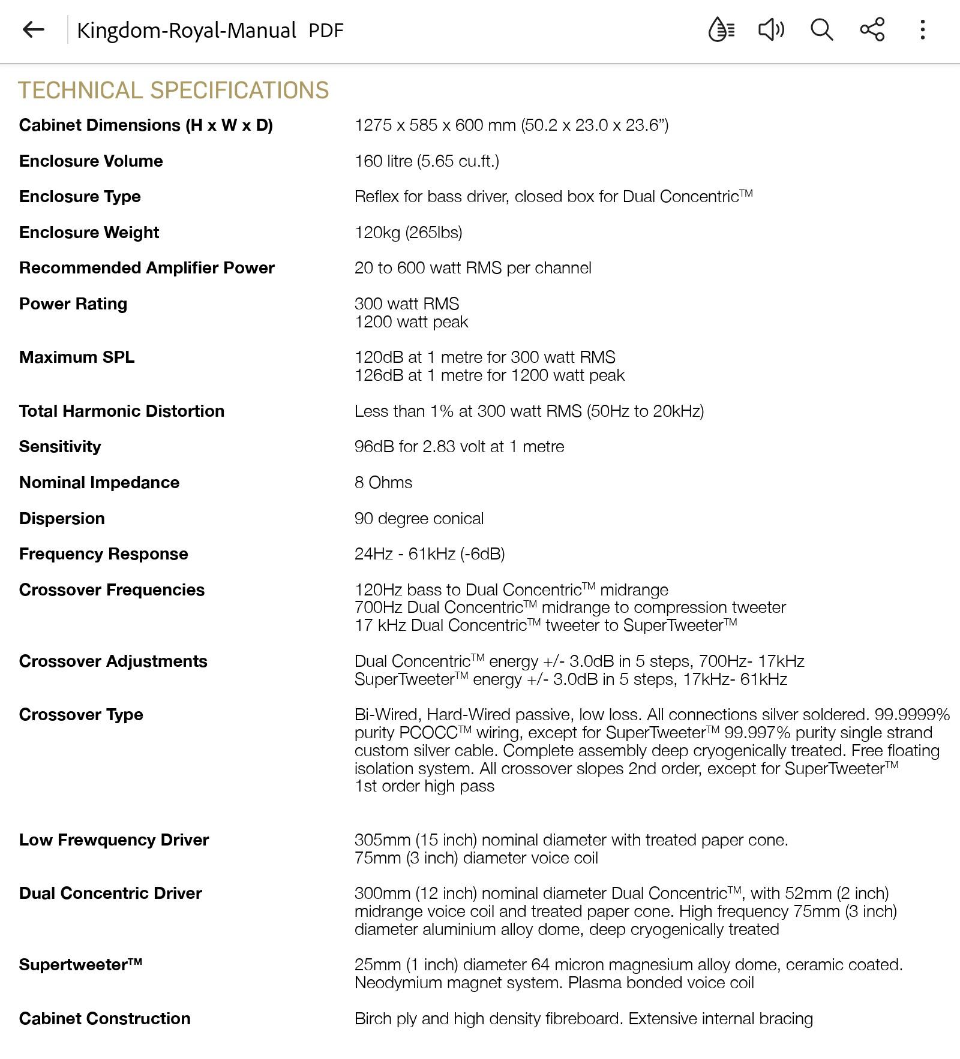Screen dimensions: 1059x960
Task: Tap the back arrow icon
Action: (33, 29)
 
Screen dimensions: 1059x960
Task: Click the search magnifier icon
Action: (821, 29)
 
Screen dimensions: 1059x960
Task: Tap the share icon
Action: (872, 29)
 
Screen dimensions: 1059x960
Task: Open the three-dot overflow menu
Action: (922, 29)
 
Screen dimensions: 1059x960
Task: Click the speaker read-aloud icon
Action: (771, 29)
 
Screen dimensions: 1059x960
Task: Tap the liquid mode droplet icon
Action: (721, 29)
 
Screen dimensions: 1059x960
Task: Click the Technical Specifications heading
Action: (173, 91)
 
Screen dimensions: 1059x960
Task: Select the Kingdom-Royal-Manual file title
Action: (187, 31)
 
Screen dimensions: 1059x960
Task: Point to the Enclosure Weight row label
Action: (89, 233)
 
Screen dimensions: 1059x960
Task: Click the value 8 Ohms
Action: (383, 483)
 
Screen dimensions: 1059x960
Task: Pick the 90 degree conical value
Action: (419, 519)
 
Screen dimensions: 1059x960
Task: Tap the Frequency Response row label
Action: (103, 554)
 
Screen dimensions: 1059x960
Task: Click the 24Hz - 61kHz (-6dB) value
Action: (430, 554)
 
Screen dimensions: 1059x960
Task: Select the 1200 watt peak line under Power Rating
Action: (411, 322)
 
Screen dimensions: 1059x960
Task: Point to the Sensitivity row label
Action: (60, 447)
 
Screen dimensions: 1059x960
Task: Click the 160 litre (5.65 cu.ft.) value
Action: (427, 161)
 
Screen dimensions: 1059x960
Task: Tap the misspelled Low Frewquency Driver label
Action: (114, 840)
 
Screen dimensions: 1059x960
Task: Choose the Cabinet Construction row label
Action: (104, 1019)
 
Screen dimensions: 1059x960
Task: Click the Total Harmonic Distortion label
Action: (122, 411)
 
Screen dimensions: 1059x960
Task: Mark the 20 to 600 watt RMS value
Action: (473, 268)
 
